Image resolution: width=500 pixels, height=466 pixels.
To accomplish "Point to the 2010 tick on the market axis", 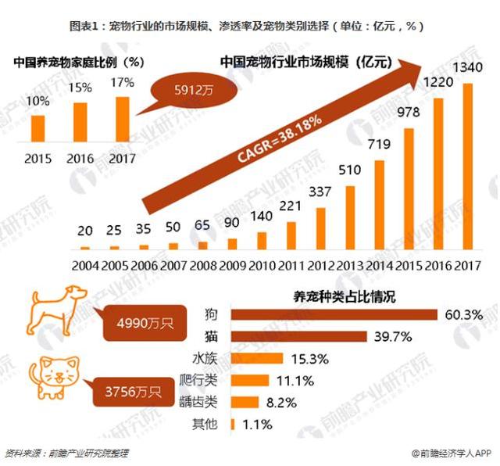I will tap(261, 265).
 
